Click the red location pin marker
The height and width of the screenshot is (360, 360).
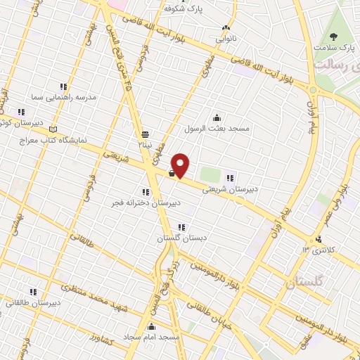pyautogui.click(x=181, y=165)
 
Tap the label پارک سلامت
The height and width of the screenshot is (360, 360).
pyautogui.click(x=338, y=49)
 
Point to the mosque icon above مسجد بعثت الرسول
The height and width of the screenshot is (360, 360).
pyautogui.click(x=217, y=117)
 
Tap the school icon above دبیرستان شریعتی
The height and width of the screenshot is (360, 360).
pyautogui.click(x=229, y=177)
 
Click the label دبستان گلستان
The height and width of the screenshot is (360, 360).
pyautogui.click(x=182, y=238)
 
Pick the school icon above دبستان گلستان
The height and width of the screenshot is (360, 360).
pyautogui.click(x=181, y=227)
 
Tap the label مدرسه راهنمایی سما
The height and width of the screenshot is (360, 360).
pyautogui.click(x=61, y=97)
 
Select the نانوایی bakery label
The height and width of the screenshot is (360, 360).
pyautogui.click(x=225, y=38)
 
